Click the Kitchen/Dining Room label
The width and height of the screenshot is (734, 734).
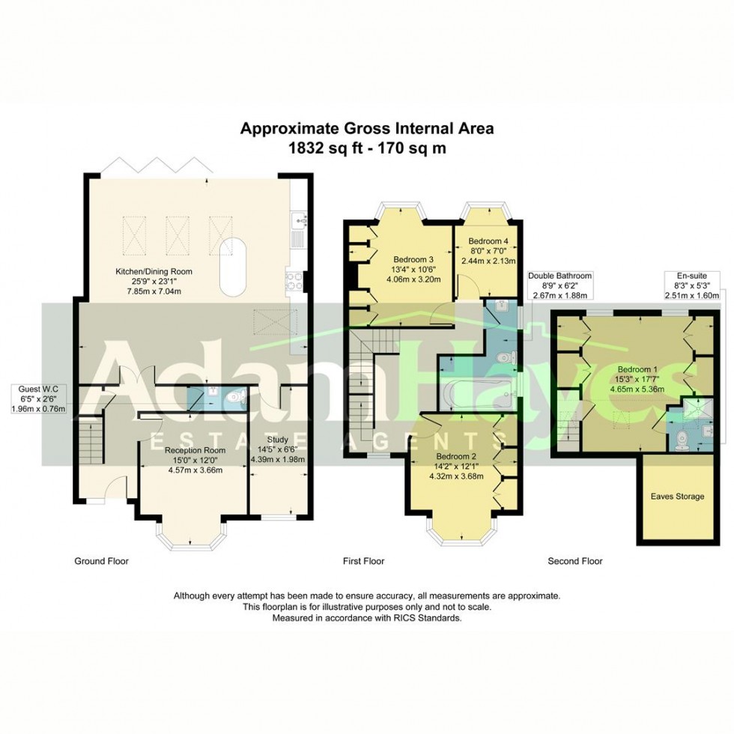(x=154, y=271)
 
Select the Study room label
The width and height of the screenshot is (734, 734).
(x=278, y=439)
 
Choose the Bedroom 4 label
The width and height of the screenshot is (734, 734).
(x=488, y=241)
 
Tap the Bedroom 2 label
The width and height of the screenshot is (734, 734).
(x=459, y=455)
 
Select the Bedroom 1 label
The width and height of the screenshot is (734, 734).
(x=638, y=369)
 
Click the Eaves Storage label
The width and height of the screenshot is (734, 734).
(x=676, y=496)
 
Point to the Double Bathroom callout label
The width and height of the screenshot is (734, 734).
(x=560, y=276)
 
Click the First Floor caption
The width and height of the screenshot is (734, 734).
(x=363, y=561)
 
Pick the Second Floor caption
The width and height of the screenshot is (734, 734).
(x=574, y=561)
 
